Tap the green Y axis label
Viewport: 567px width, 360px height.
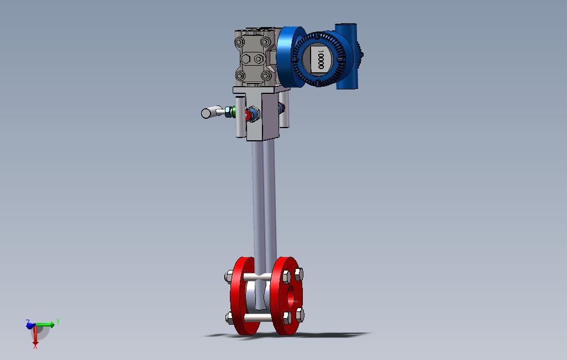(58, 322)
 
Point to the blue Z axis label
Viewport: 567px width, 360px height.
(28, 321)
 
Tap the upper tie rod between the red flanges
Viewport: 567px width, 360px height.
(258, 278)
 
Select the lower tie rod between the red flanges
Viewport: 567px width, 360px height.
(258, 317)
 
